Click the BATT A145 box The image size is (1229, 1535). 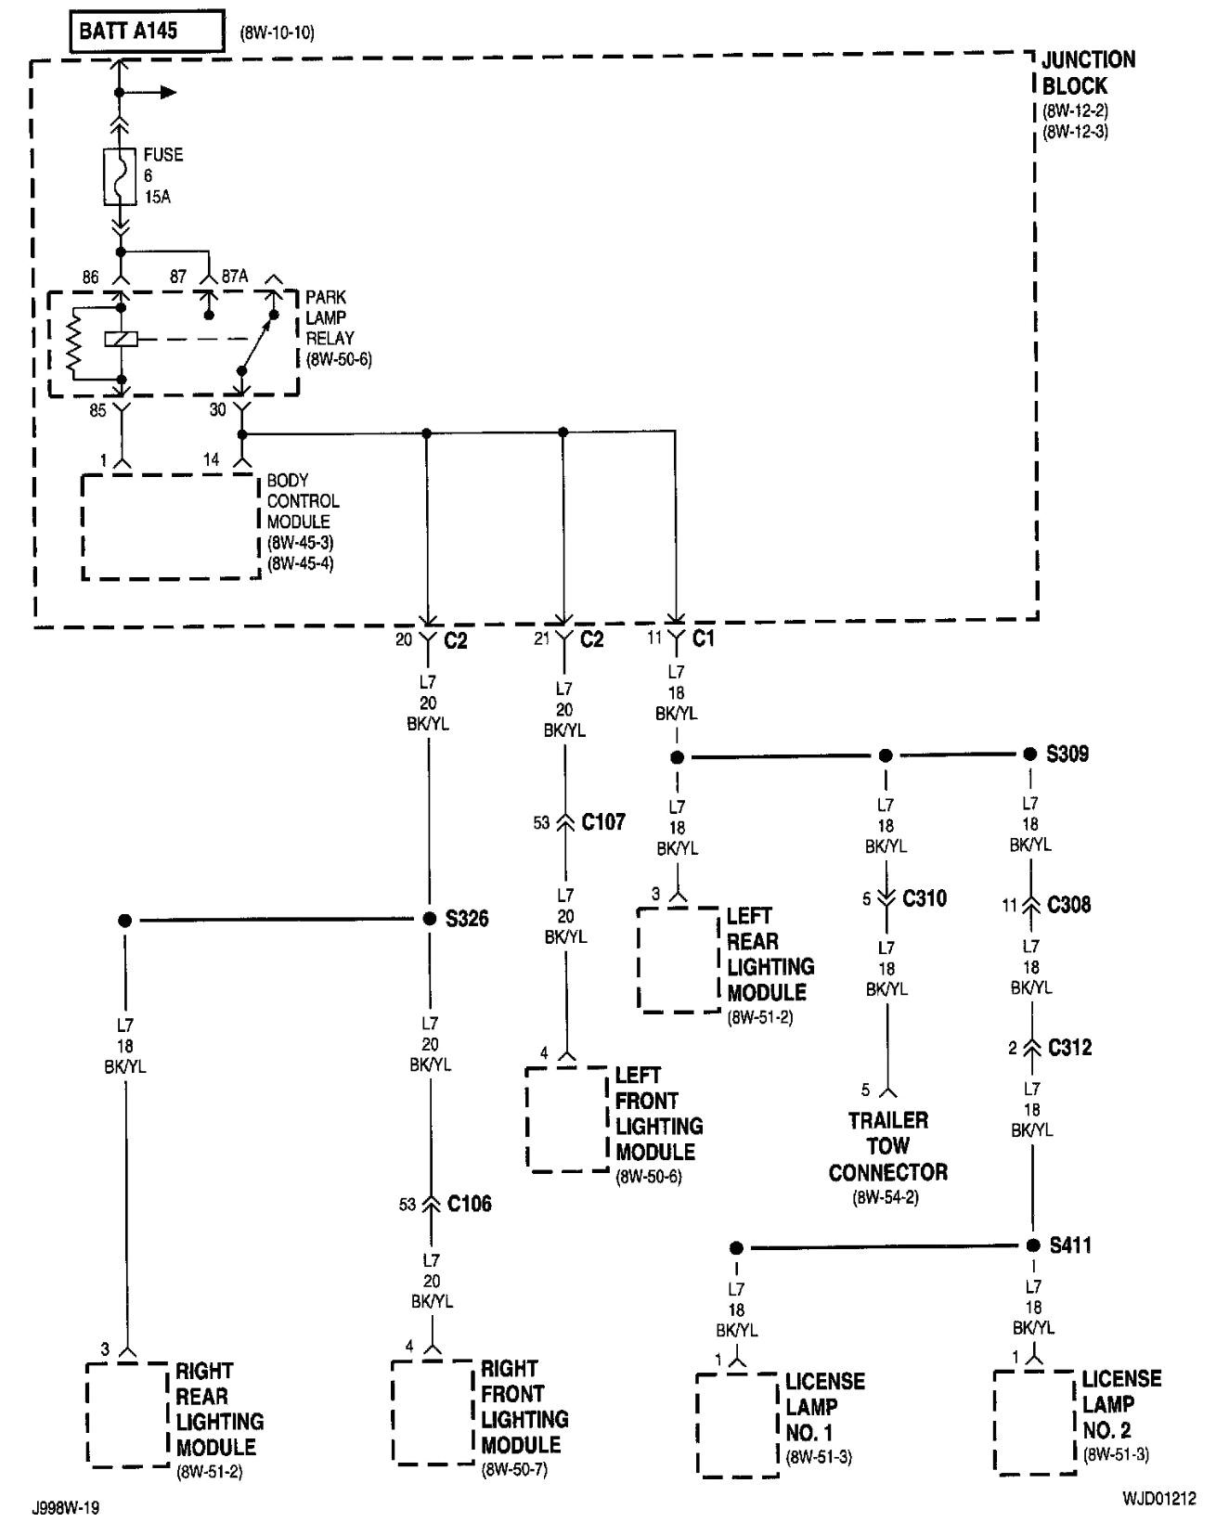(147, 31)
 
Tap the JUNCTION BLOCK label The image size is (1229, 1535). (1087, 72)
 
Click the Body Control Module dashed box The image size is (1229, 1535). (171, 526)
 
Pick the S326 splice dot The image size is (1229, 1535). (429, 919)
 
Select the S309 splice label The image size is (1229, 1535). (1067, 754)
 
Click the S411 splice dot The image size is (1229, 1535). (1033, 1245)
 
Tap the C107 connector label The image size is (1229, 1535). (603, 822)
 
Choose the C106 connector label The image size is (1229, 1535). (469, 1204)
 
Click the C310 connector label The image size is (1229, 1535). (925, 898)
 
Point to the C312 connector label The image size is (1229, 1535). (1069, 1048)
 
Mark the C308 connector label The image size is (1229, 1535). (1068, 905)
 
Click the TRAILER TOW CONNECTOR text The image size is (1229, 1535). (887, 1146)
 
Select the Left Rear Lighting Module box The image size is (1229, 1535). (679, 960)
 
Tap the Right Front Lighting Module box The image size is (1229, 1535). (433, 1412)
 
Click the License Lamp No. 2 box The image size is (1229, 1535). (1034, 1421)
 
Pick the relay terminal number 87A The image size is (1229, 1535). (235, 277)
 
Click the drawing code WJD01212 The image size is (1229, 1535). (1158, 1499)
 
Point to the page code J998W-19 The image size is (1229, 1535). (65, 1508)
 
